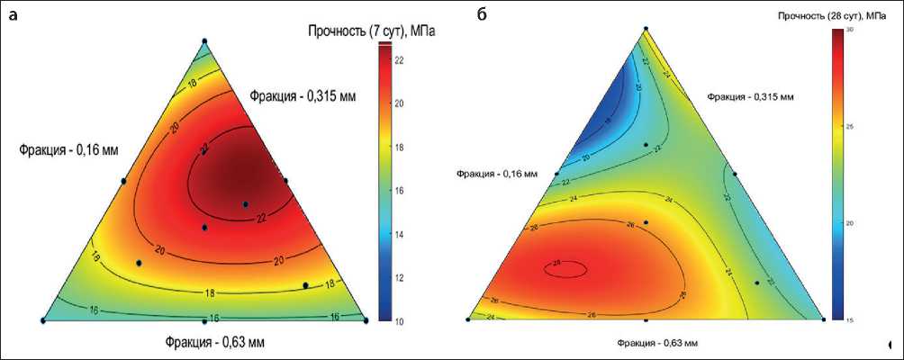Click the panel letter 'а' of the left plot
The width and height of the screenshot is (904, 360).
[x=12, y=15]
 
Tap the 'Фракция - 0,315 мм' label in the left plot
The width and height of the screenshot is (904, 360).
[x=302, y=95]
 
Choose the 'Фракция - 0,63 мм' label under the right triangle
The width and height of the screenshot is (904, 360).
[x=657, y=343]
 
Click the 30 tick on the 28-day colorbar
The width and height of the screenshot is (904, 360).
[x=851, y=30]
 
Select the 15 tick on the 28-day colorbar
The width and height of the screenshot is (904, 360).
[x=851, y=318]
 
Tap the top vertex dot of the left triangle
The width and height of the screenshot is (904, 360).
[x=204, y=40]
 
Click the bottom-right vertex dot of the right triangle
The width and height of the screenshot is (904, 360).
[x=823, y=319]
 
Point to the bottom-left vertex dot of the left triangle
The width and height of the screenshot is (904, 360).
[x=43, y=320]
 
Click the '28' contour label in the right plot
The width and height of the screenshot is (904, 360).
[x=557, y=263]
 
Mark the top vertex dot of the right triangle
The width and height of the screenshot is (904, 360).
[x=646, y=29]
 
